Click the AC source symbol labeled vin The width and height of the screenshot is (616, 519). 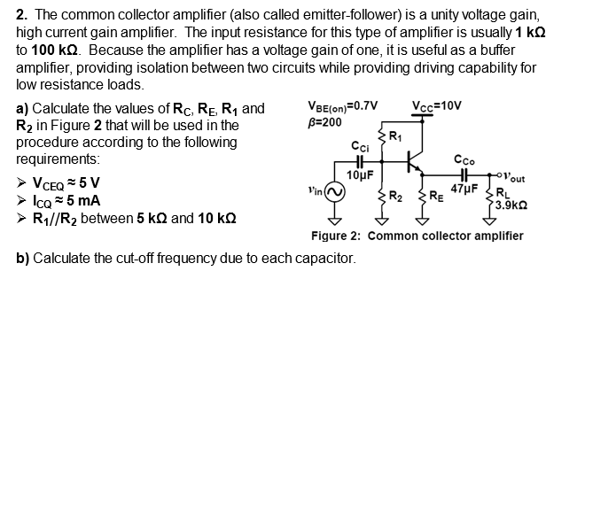point(334,193)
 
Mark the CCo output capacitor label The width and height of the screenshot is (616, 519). point(464,160)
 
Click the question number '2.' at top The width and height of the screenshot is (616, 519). point(22,15)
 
